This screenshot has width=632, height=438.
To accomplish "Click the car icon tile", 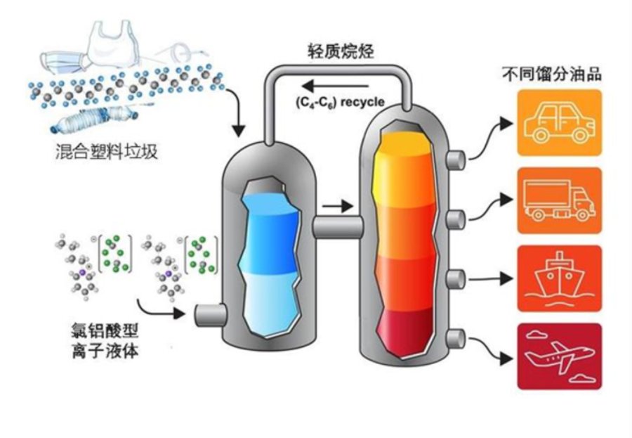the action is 560,123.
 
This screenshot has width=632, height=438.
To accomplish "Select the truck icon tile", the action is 560,200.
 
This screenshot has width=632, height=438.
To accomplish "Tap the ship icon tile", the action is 560,278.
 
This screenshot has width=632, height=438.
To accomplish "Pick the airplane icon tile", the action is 560,356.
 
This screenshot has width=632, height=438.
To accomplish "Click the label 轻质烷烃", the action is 341,51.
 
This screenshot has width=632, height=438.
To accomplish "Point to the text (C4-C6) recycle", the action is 340,102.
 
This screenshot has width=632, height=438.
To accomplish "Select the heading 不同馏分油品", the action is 552,75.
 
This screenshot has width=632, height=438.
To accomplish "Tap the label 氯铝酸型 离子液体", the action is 105,341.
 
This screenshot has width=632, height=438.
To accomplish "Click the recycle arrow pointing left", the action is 335,86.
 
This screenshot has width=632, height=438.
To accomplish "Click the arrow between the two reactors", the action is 338,206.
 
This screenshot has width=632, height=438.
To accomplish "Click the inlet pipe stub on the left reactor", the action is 209,315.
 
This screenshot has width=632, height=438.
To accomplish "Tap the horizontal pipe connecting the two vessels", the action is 338,227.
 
